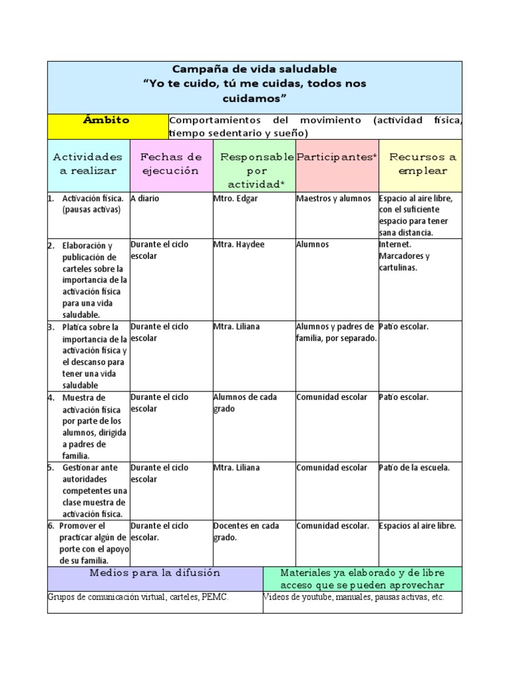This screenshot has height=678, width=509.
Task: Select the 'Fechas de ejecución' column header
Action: (x=171, y=164)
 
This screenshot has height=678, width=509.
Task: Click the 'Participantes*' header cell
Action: (x=337, y=157)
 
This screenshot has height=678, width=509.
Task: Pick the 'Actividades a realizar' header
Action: (x=87, y=164)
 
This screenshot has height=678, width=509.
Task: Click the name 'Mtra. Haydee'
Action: (x=239, y=244)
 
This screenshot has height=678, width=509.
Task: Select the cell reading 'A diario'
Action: (x=144, y=198)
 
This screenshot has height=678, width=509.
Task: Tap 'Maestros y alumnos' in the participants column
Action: (x=333, y=198)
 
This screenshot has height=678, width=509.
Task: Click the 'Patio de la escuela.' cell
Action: (x=414, y=467)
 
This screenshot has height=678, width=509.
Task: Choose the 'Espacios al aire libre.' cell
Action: (x=417, y=526)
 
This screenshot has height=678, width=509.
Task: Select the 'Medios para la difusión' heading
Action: (x=154, y=573)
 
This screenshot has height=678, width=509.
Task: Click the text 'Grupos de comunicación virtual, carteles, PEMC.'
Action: (x=138, y=597)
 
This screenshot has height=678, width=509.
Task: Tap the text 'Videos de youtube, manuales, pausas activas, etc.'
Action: (x=354, y=597)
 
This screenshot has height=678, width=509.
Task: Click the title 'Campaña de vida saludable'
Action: (x=254, y=69)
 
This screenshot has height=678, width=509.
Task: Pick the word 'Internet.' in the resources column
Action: (x=395, y=244)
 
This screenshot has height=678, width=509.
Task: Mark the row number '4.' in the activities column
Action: (x=51, y=397)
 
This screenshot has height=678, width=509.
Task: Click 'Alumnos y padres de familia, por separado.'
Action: (x=336, y=332)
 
